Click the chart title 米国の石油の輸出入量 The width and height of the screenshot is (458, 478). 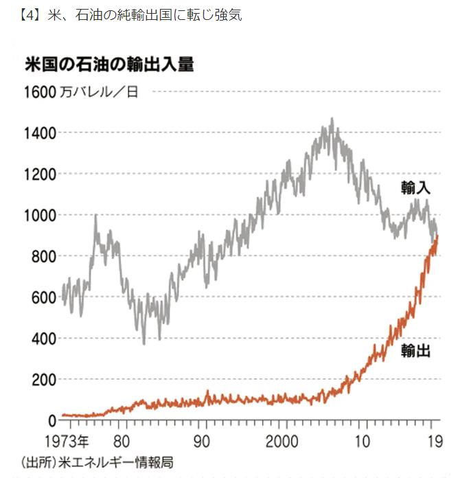[108, 66]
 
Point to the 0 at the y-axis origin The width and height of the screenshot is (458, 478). [52, 420]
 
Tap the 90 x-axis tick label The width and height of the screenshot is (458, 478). [201, 440]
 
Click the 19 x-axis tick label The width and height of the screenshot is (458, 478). [434, 440]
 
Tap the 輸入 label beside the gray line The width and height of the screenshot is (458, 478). [416, 188]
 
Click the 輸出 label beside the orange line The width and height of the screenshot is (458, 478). [416, 350]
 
